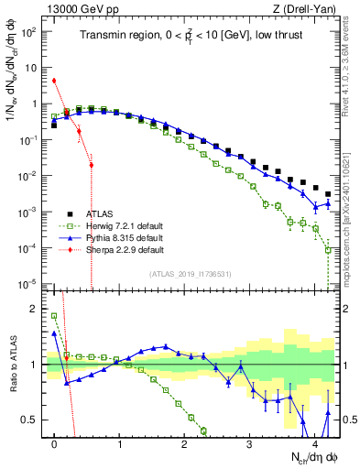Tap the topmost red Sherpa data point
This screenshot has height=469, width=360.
click(x=55, y=81)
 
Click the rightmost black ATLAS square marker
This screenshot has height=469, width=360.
click(x=328, y=194)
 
